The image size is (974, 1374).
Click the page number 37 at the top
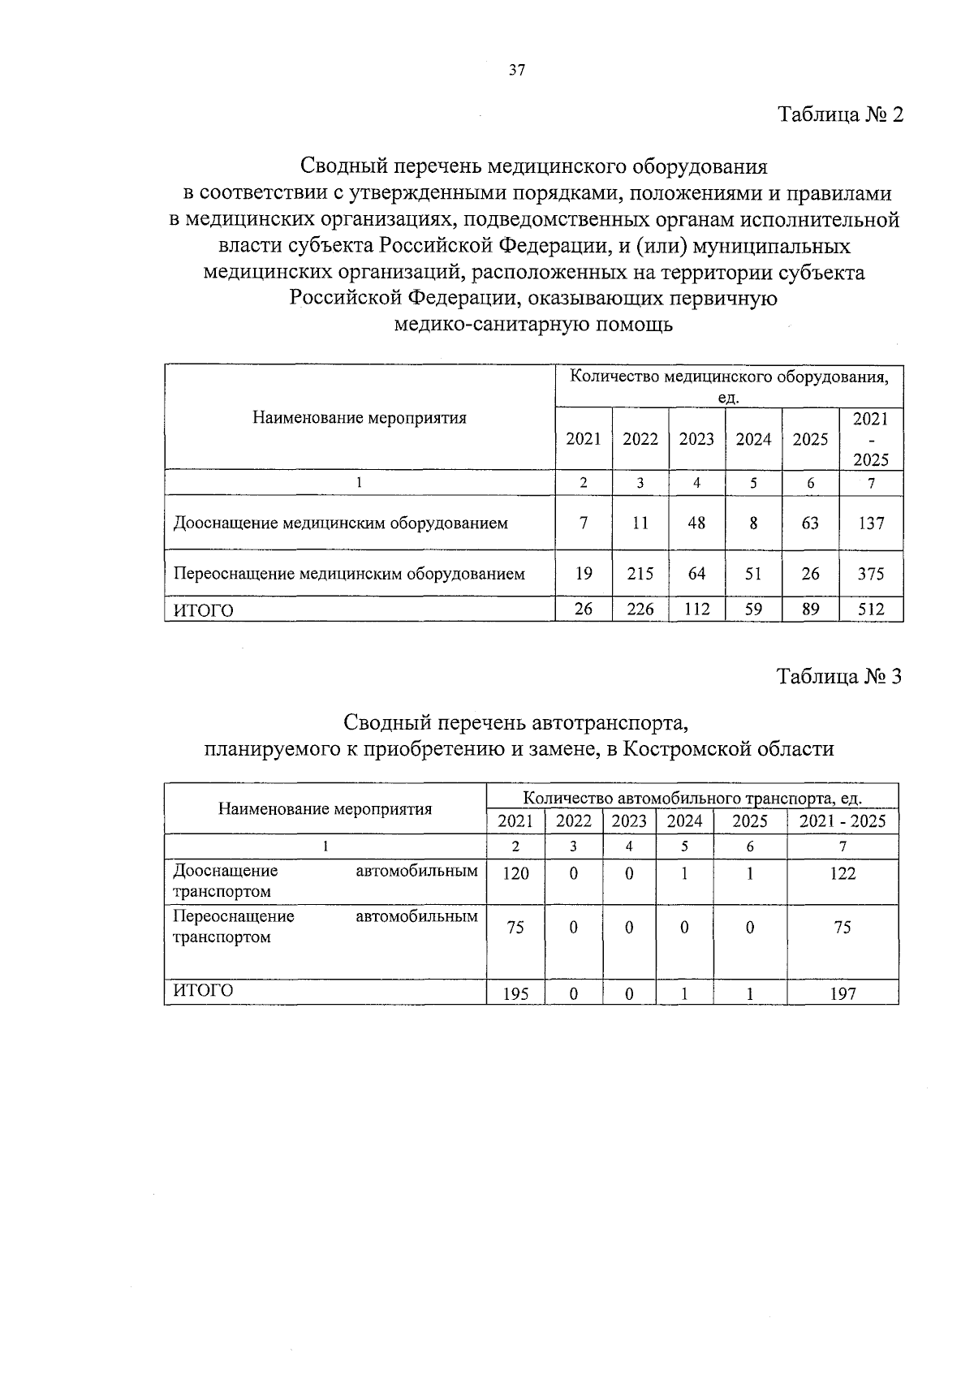517,70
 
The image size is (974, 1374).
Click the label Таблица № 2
841,114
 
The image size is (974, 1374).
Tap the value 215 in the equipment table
640,574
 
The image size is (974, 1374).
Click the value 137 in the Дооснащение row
871,523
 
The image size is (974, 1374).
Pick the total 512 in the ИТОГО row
871,609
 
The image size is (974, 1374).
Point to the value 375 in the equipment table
871,574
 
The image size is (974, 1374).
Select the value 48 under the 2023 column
696,523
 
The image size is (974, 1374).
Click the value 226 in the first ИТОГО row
640,609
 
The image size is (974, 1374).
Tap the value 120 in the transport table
515,873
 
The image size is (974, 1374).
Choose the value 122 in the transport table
843,873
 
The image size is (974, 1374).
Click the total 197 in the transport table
843,993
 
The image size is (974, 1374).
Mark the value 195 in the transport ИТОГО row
515,993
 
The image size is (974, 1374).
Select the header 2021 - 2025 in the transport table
843,821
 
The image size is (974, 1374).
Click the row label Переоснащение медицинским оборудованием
349,574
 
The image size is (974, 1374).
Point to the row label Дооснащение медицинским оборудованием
340,523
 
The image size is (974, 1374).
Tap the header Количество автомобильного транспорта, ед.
692,797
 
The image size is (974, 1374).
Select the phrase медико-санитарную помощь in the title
533,325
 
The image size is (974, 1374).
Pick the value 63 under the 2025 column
810,523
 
